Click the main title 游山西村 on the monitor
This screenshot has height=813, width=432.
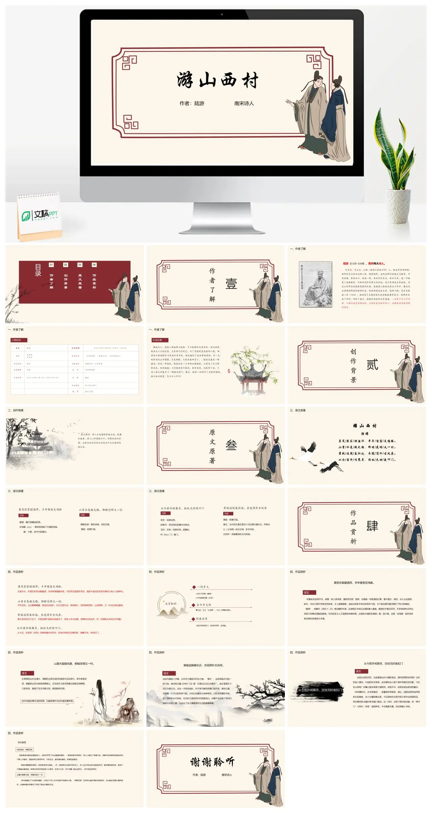218,81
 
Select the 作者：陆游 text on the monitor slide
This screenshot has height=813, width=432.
192,103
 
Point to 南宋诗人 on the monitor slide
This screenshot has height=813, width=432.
244,103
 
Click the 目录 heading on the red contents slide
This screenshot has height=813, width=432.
38,270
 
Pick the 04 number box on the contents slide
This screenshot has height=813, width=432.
94,265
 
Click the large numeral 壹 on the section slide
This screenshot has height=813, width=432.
231,284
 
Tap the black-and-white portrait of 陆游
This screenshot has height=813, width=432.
315,284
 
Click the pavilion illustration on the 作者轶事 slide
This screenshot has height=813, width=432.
251,372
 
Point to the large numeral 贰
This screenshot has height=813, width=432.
372,365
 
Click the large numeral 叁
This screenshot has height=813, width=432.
231,446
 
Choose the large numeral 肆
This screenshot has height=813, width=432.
372,526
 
